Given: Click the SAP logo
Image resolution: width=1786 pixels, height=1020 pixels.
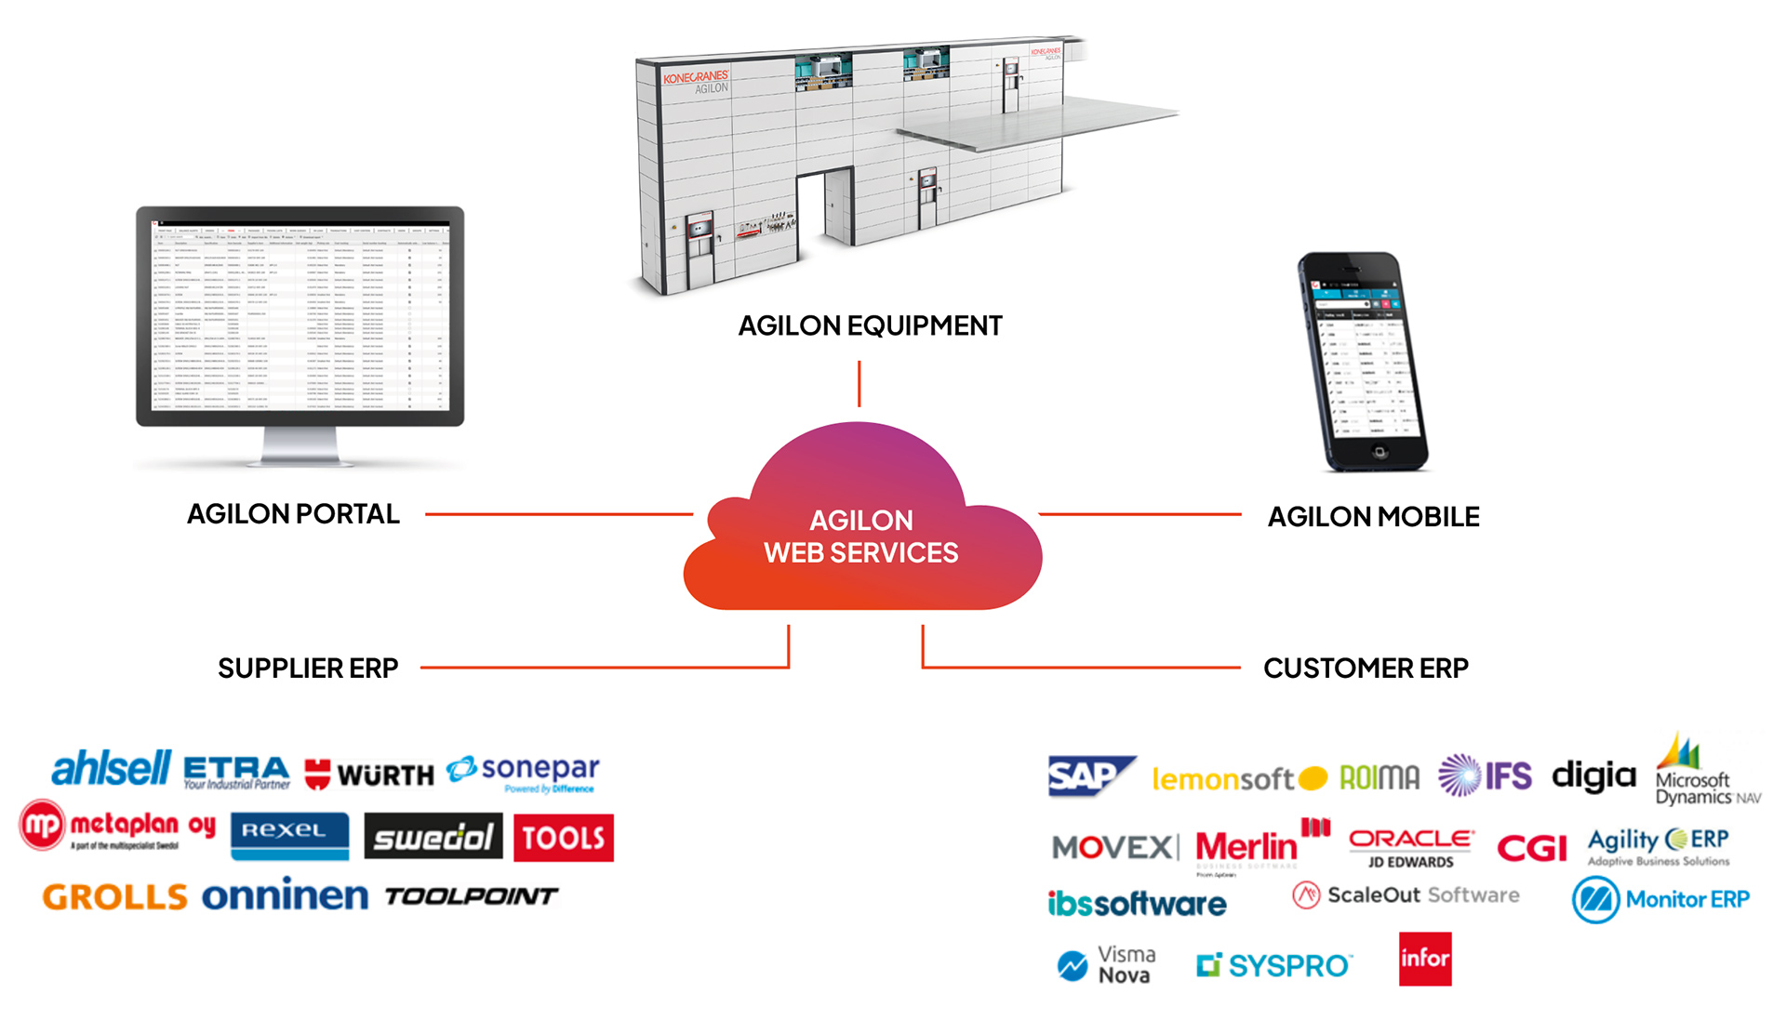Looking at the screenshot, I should (1087, 775).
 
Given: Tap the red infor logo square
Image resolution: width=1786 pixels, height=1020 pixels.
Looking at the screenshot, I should (1424, 959).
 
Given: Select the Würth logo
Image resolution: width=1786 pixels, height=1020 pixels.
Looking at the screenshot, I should (369, 774).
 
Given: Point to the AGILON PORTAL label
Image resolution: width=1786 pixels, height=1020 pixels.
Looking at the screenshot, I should (293, 514).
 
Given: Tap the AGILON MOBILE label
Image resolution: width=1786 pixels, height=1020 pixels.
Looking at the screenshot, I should (1373, 517).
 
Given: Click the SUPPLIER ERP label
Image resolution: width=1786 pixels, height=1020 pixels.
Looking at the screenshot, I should (308, 669).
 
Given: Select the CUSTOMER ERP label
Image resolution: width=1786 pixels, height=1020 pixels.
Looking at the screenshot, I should (1366, 669).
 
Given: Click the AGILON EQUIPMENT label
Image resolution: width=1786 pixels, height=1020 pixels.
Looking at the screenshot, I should (870, 326).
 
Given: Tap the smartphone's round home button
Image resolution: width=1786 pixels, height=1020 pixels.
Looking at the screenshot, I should (1379, 452).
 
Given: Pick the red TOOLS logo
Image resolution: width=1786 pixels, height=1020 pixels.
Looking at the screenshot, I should (563, 838).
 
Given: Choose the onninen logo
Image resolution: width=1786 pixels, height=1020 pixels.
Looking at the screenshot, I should (285, 895).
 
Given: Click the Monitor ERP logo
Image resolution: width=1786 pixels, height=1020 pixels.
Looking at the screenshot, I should (1660, 899).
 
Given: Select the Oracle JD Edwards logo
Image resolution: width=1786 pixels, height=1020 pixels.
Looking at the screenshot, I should (1410, 847).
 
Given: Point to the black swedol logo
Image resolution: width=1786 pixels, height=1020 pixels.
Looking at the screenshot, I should (433, 837).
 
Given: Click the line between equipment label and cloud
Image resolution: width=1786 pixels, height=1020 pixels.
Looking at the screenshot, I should (859, 383).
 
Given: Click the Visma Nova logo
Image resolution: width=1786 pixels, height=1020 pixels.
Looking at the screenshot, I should (1106, 965).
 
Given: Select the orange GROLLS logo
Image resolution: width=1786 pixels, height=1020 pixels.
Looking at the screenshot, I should (114, 897).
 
